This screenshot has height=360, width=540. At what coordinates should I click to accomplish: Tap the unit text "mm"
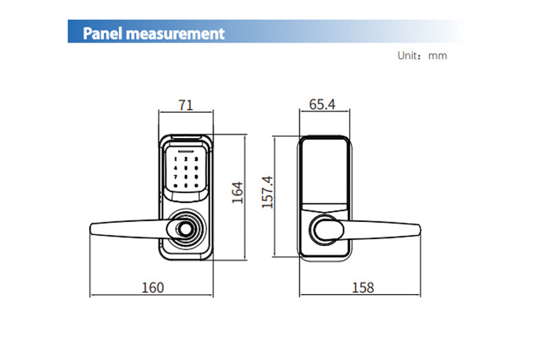(x=438, y=56)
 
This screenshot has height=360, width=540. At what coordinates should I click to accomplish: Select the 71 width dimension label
(x=186, y=105)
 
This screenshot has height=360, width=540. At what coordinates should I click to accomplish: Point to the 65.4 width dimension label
(x=322, y=104)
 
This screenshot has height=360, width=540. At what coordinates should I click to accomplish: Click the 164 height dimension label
(x=238, y=192)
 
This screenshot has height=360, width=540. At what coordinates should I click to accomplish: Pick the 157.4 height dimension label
(x=268, y=192)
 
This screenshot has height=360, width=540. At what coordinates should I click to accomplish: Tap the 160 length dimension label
(x=152, y=287)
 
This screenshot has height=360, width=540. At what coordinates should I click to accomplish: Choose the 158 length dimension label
(x=363, y=287)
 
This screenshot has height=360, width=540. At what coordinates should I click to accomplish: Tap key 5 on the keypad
(x=186, y=169)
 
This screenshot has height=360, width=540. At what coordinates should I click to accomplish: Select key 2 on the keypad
(x=186, y=160)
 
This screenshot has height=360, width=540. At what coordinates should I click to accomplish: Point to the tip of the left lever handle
(x=92, y=229)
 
